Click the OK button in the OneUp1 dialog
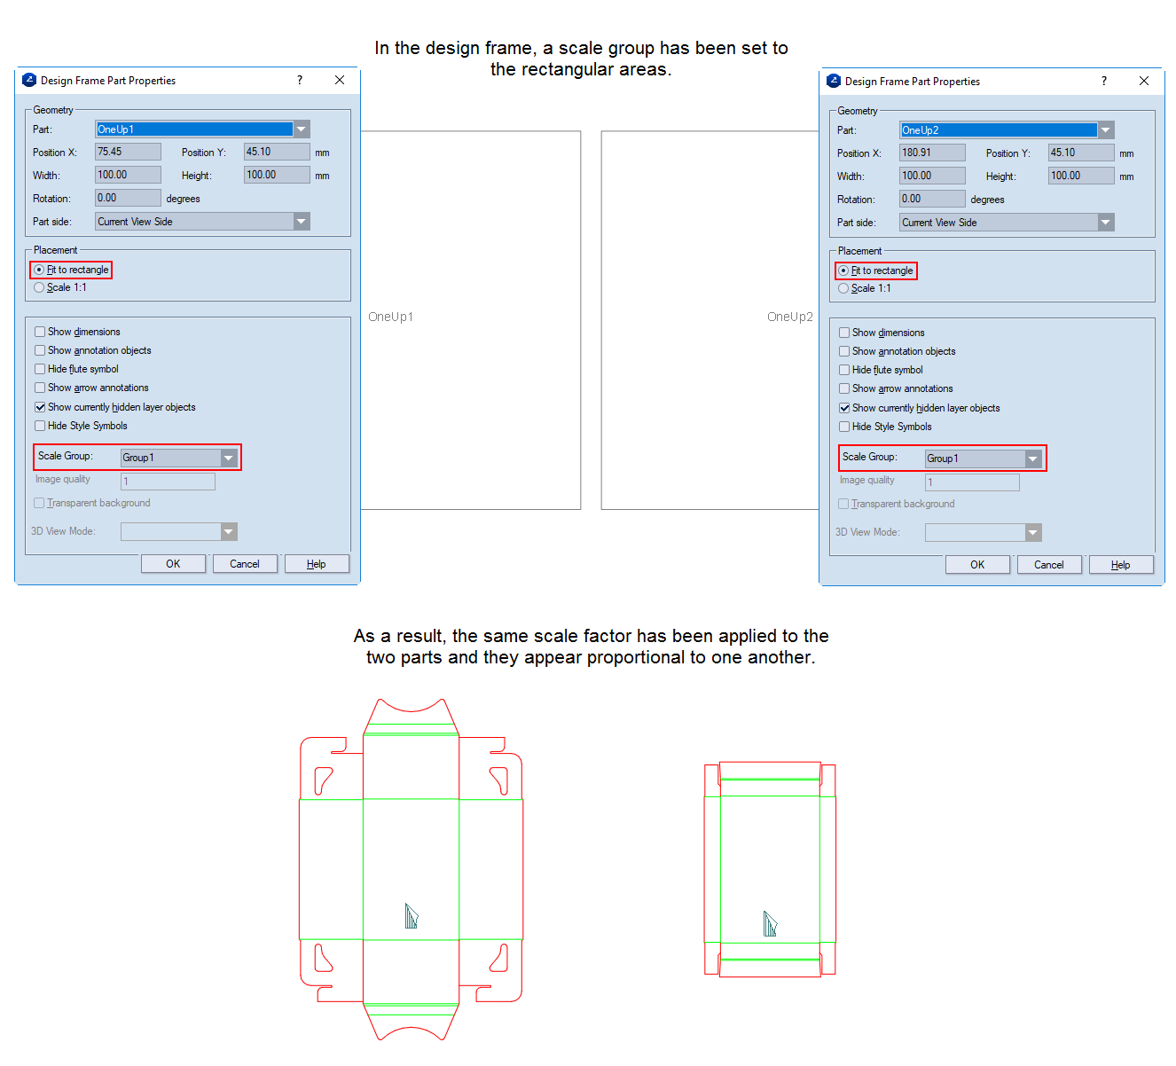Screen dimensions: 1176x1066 [173, 563]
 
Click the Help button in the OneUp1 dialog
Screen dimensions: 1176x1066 [316, 563]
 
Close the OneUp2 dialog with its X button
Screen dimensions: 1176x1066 [1143, 81]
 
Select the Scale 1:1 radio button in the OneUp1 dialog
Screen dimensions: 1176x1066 [39, 287]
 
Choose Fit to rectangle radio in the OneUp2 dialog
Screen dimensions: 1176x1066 [843, 270]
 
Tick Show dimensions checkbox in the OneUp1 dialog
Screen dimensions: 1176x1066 [40, 332]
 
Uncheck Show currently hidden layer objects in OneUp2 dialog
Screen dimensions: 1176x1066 [844, 408]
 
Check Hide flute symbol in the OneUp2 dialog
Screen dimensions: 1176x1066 [844, 370]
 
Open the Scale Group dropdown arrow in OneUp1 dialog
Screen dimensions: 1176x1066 [229, 458]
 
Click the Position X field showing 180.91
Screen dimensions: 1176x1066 [931, 153]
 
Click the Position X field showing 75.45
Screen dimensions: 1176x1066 [127, 152]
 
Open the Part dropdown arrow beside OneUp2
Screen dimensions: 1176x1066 [1105, 130]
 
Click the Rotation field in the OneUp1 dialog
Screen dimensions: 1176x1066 [127, 198]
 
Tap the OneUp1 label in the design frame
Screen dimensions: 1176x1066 [390, 317]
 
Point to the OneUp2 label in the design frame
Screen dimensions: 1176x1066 [789, 317]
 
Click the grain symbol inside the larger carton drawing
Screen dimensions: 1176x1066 [411, 915]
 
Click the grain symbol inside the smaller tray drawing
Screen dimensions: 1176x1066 [770, 923]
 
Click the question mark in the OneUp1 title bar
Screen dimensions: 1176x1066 [300, 80]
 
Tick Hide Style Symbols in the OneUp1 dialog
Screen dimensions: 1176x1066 [40, 426]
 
